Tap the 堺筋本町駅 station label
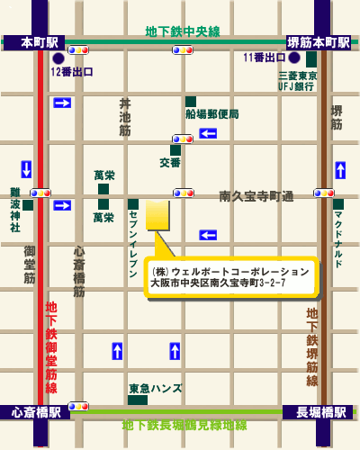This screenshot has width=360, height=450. click(x=318, y=42)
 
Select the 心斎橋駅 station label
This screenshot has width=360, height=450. click(x=36, y=411)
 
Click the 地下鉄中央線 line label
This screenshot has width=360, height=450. click(x=182, y=31)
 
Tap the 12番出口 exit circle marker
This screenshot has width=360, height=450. click(x=58, y=58)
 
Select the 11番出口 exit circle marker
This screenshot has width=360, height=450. click(x=293, y=58)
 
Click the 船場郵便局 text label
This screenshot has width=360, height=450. click(x=212, y=114)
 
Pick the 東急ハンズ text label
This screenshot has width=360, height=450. click(x=155, y=389)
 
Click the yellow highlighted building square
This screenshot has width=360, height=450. click(x=157, y=215)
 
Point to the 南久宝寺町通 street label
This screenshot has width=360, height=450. click(x=256, y=195)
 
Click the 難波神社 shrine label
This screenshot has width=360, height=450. click(x=15, y=210)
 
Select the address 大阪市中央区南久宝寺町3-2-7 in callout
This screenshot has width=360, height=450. click(x=218, y=283)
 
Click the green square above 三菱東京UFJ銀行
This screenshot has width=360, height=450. click(x=311, y=59)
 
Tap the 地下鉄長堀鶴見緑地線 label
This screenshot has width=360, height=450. click(x=184, y=424)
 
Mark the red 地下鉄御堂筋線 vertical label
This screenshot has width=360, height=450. click(x=51, y=346)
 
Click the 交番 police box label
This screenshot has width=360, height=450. click(x=170, y=163)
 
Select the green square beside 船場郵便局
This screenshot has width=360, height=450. click(x=191, y=102)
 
